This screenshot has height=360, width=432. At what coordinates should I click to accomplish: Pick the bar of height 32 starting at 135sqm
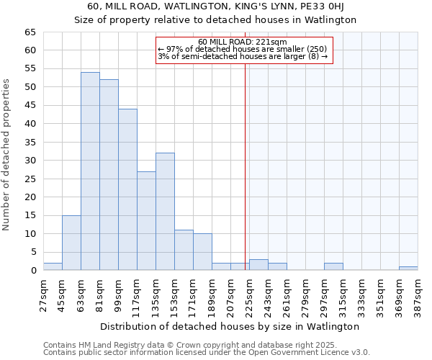[x=165, y=212]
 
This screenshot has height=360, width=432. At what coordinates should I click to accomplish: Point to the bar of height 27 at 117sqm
[x=146, y=220]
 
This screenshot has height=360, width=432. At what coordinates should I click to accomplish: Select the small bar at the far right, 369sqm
[x=408, y=269]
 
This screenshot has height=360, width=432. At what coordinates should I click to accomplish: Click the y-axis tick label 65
[x=30, y=32]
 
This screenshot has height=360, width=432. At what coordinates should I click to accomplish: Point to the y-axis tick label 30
[x=30, y=161]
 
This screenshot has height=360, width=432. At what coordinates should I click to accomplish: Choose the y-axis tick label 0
[x=32, y=271]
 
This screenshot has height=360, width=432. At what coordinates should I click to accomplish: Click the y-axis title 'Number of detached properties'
[x=7, y=155]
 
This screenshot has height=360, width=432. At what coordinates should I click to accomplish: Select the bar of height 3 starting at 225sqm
[x=258, y=265]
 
